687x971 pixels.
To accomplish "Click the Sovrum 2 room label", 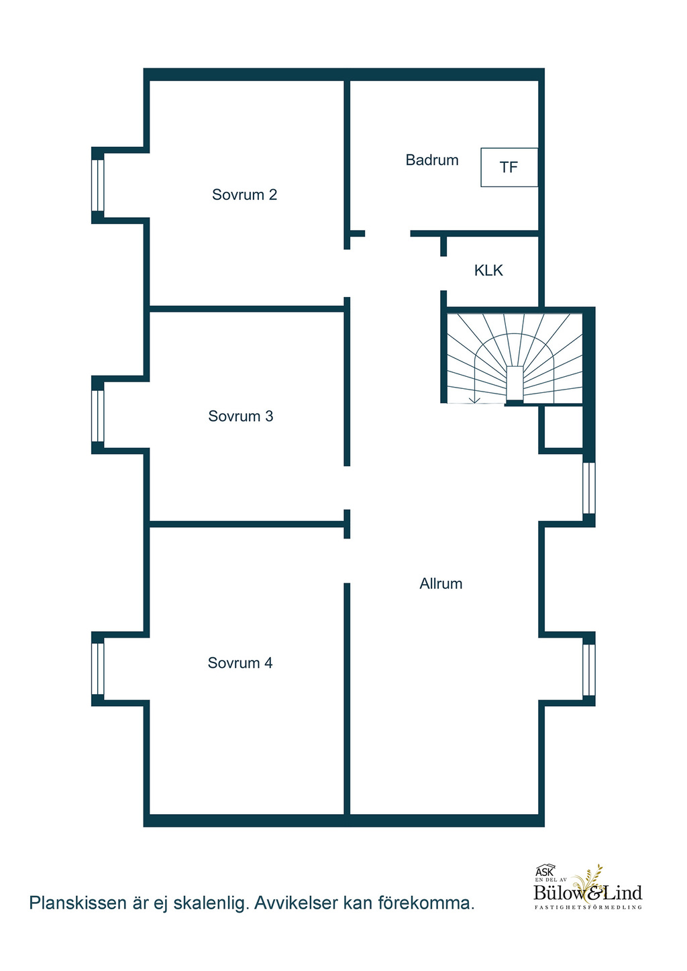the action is click(x=244, y=194).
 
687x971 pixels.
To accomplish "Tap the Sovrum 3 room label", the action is click(x=241, y=416).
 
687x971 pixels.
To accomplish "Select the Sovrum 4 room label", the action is click(x=240, y=663).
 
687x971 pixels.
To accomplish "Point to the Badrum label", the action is click(x=432, y=160).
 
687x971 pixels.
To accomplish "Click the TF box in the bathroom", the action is click(x=509, y=168).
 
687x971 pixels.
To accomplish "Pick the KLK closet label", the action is click(x=488, y=270).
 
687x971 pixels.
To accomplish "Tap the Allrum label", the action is click(x=441, y=584).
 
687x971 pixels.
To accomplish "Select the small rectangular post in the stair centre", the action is click(x=515, y=384).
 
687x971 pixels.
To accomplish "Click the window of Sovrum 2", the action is click(x=97, y=186).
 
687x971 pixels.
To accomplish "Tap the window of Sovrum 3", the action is click(x=97, y=416).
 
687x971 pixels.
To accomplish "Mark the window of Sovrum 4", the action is click(x=97, y=669).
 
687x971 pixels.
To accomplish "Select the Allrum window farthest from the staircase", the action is click(x=588, y=670).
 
